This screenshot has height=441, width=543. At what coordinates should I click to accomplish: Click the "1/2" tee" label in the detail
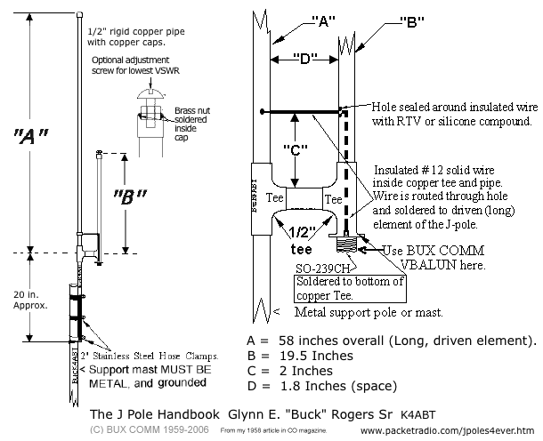click(298, 241)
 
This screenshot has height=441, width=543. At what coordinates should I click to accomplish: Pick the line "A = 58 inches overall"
click(390, 341)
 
